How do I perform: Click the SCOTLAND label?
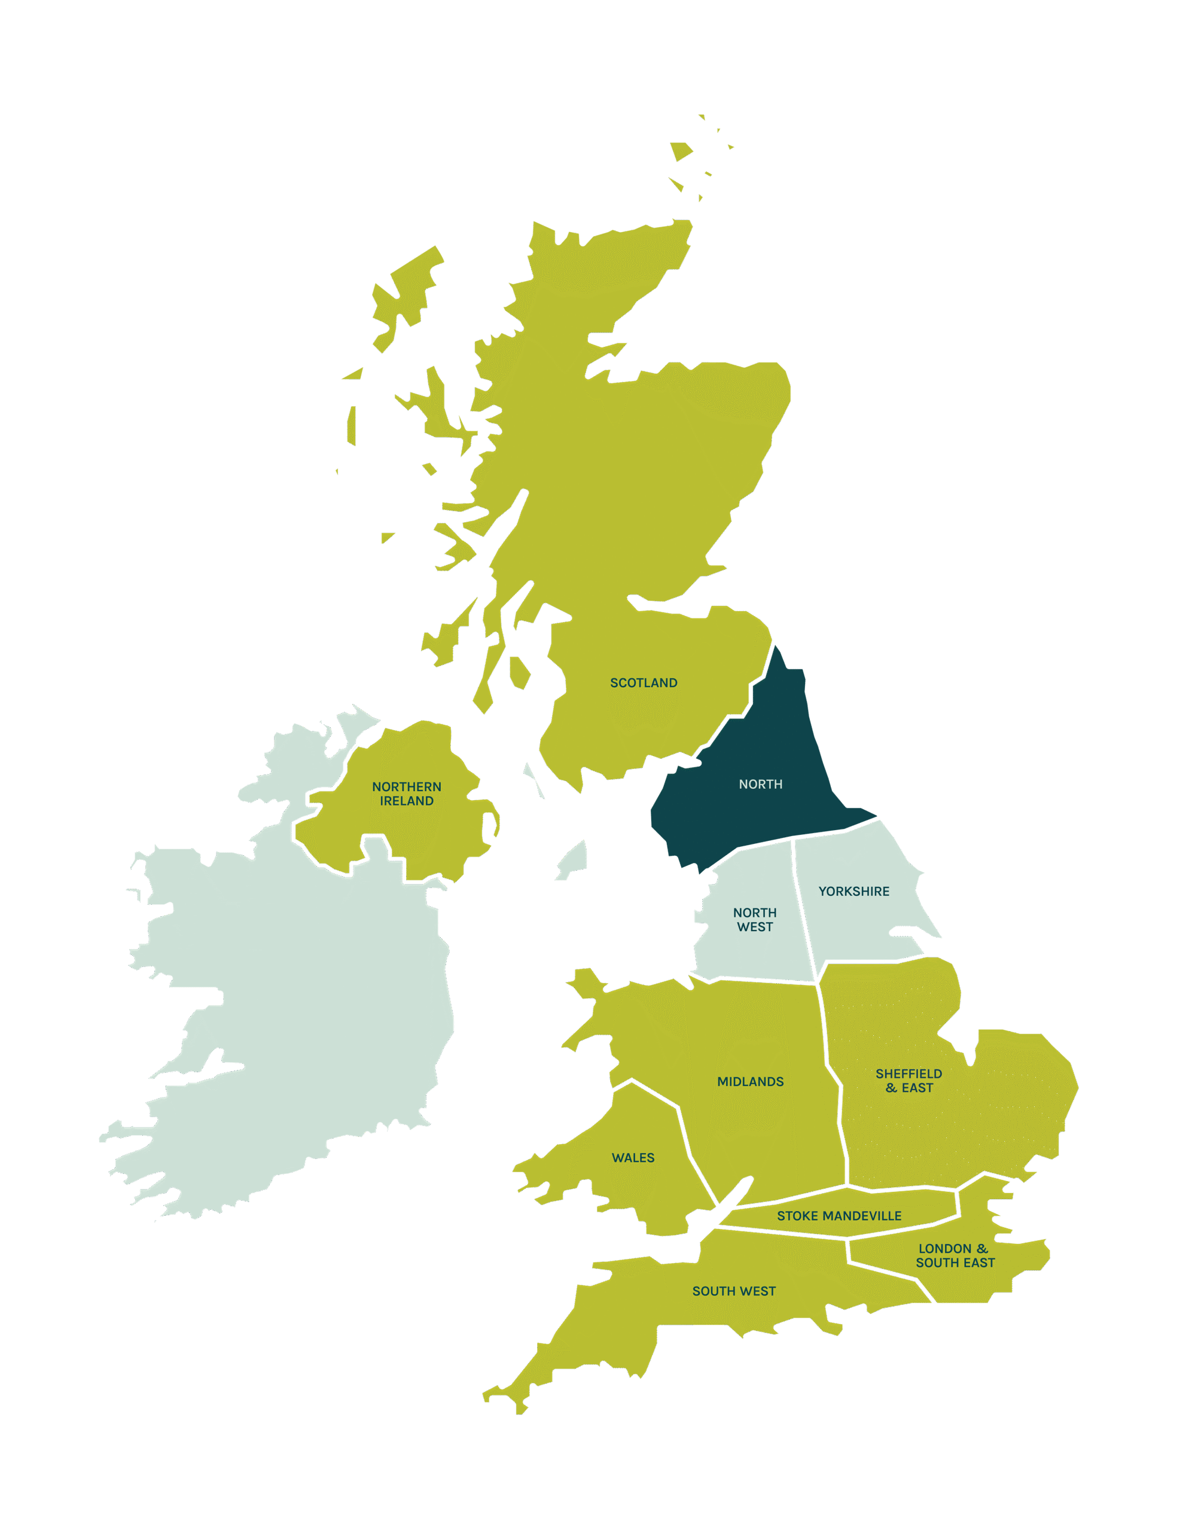click(x=644, y=683)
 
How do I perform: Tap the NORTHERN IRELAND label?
click(x=407, y=794)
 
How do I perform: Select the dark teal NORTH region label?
click(x=761, y=785)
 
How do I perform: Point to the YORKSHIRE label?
click(x=854, y=891)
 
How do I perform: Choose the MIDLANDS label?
click(x=750, y=1082)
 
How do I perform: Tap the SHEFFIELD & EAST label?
click(x=909, y=1080)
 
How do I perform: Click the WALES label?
click(x=633, y=1157)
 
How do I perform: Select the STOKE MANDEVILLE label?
click(x=839, y=1216)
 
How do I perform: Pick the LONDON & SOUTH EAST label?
click(x=955, y=1255)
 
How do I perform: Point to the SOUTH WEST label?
click(x=734, y=1291)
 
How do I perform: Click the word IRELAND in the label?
click(x=407, y=801)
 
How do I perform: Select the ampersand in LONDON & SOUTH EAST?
click(x=981, y=1249)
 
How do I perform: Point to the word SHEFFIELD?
click(x=909, y=1073)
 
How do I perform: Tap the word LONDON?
click(x=944, y=1249)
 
